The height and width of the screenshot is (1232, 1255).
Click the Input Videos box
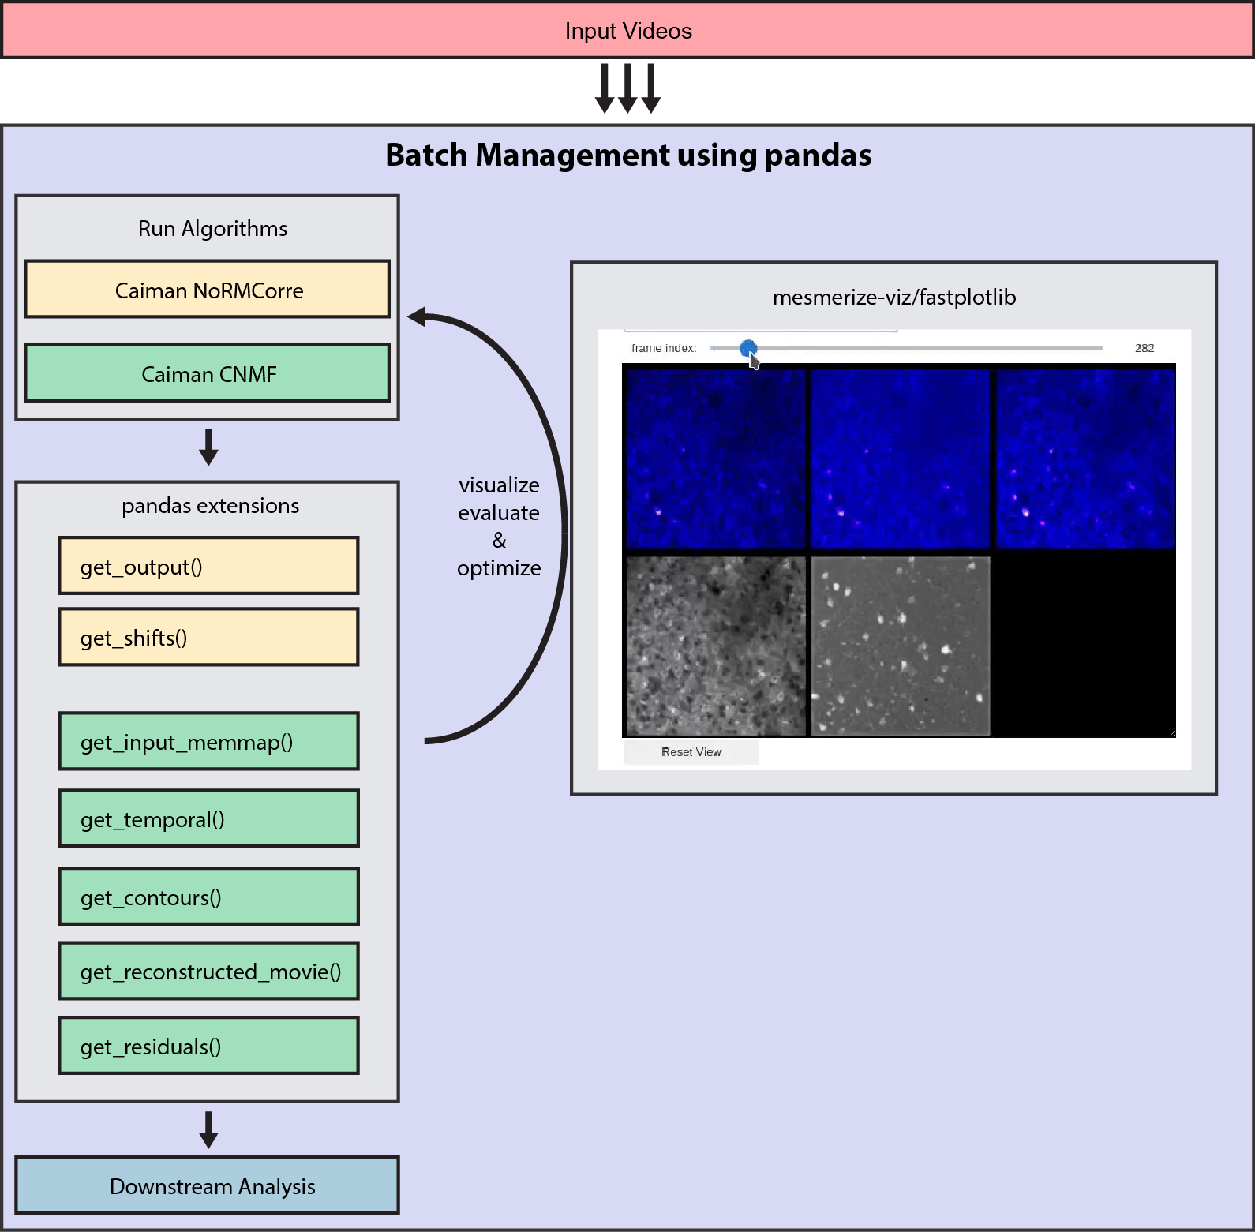[627, 31]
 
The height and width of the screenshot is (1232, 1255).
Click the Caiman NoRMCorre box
[208, 290]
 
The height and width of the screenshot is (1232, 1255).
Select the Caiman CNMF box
[208, 373]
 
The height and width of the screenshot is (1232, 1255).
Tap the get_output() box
[208, 566]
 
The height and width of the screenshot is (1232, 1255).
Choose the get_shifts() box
[208, 637]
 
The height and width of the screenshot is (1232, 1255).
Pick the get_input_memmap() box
[208, 742]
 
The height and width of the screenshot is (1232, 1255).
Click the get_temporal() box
[208, 819]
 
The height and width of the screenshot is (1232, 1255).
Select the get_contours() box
[208, 897]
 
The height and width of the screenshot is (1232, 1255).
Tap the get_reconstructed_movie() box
[208, 971]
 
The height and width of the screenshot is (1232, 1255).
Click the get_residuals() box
[208, 1046]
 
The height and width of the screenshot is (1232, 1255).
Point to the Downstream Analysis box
[208, 1185]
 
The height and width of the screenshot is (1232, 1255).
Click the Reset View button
[691, 752]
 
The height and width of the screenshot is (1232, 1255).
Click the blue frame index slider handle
[748, 348]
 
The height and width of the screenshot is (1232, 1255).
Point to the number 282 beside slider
[1144, 348]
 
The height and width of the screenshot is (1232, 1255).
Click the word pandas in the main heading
[818, 155]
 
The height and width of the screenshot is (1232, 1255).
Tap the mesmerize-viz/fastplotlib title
[893, 298]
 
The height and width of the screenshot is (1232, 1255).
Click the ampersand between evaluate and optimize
[499, 541]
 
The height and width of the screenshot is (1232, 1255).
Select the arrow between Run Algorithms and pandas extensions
[208, 447]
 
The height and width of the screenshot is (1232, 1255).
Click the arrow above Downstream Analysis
[208, 1129]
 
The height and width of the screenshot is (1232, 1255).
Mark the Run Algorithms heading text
[212, 229]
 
